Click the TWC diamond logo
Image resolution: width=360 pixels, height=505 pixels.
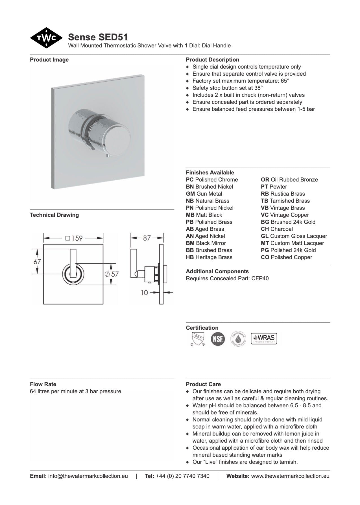click(x=46, y=38)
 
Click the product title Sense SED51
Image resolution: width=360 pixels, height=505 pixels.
click(x=98, y=37)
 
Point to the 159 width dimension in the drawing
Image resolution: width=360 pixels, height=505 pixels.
click(x=74, y=238)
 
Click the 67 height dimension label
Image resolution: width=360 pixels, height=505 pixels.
click(x=37, y=262)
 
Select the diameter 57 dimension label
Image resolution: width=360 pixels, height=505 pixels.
click(x=112, y=274)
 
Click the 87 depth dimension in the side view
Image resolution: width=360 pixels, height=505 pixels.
click(x=147, y=238)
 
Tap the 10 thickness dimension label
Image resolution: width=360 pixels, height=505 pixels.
click(x=144, y=293)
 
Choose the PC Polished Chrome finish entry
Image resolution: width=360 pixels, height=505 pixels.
click(x=212, y=180)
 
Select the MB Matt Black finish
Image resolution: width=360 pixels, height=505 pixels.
click(x=204, y=215)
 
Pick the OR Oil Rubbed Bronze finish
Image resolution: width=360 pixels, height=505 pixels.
click(x=289, y=180)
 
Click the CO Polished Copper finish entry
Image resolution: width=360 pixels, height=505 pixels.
click(x=286, y=257)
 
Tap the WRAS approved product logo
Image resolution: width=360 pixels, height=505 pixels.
click(x=264, y=338)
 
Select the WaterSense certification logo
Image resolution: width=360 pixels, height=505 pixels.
click(x=238, y=338)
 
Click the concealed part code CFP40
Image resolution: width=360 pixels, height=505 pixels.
click(x=259, y=279)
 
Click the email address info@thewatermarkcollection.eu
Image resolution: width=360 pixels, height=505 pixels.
click(x=88, y=476)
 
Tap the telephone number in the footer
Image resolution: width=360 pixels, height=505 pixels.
click(x=182, y=476)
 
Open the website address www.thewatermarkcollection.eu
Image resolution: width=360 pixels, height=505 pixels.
click(x=290, y=476)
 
